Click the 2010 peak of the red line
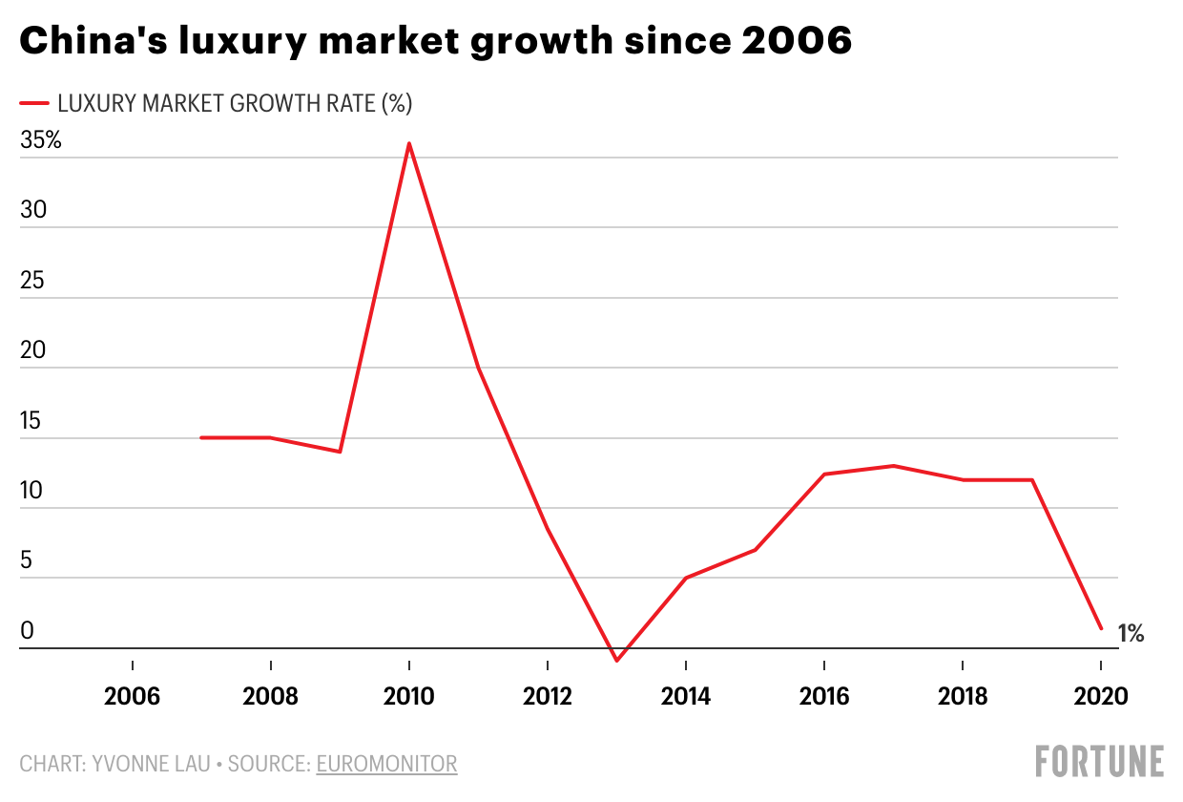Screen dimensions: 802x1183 click(x=409, y=144)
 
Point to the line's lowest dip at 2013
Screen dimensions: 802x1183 click(x=617, y=661)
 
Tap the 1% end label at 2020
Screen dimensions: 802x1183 click(x=1131, y=633)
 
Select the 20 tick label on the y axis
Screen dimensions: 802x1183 click(x=32, y=350)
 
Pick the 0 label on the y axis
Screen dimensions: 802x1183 click(x=27, y=630)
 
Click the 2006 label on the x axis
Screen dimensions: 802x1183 click(x=132, y=696)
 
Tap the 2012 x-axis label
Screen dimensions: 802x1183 click(x=548, y=696)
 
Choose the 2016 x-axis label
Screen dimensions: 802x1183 click(x=824, y=696)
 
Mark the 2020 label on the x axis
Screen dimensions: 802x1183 click(x=1101, y=696)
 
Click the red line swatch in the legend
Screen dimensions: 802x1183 click(x=33, y=103)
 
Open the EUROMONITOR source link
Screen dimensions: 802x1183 click(x=386, y=764)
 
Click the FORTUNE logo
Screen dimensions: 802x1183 click(x=1099, y=761)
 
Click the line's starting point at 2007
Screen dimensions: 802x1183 click(x=201, y=437)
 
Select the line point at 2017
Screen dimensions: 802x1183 click(x=894, y=466)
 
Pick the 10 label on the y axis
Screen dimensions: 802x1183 click(x=32, y=490)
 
